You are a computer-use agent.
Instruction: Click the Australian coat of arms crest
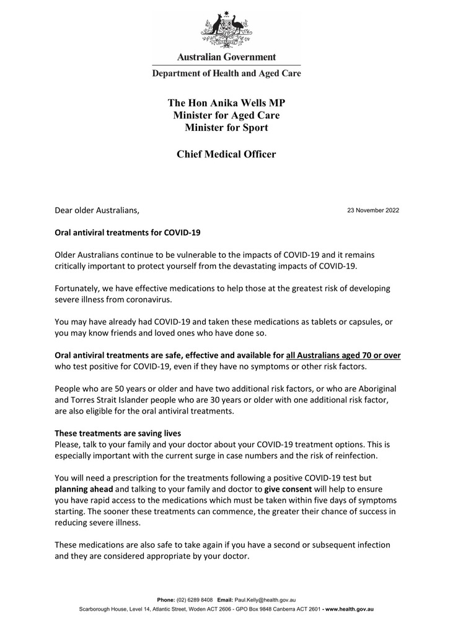226,28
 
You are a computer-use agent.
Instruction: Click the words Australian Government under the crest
226,57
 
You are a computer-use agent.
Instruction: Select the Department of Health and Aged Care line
226,73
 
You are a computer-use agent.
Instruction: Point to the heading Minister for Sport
226,128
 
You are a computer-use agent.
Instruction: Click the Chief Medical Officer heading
226,154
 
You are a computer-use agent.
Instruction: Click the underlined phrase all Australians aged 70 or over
343,355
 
